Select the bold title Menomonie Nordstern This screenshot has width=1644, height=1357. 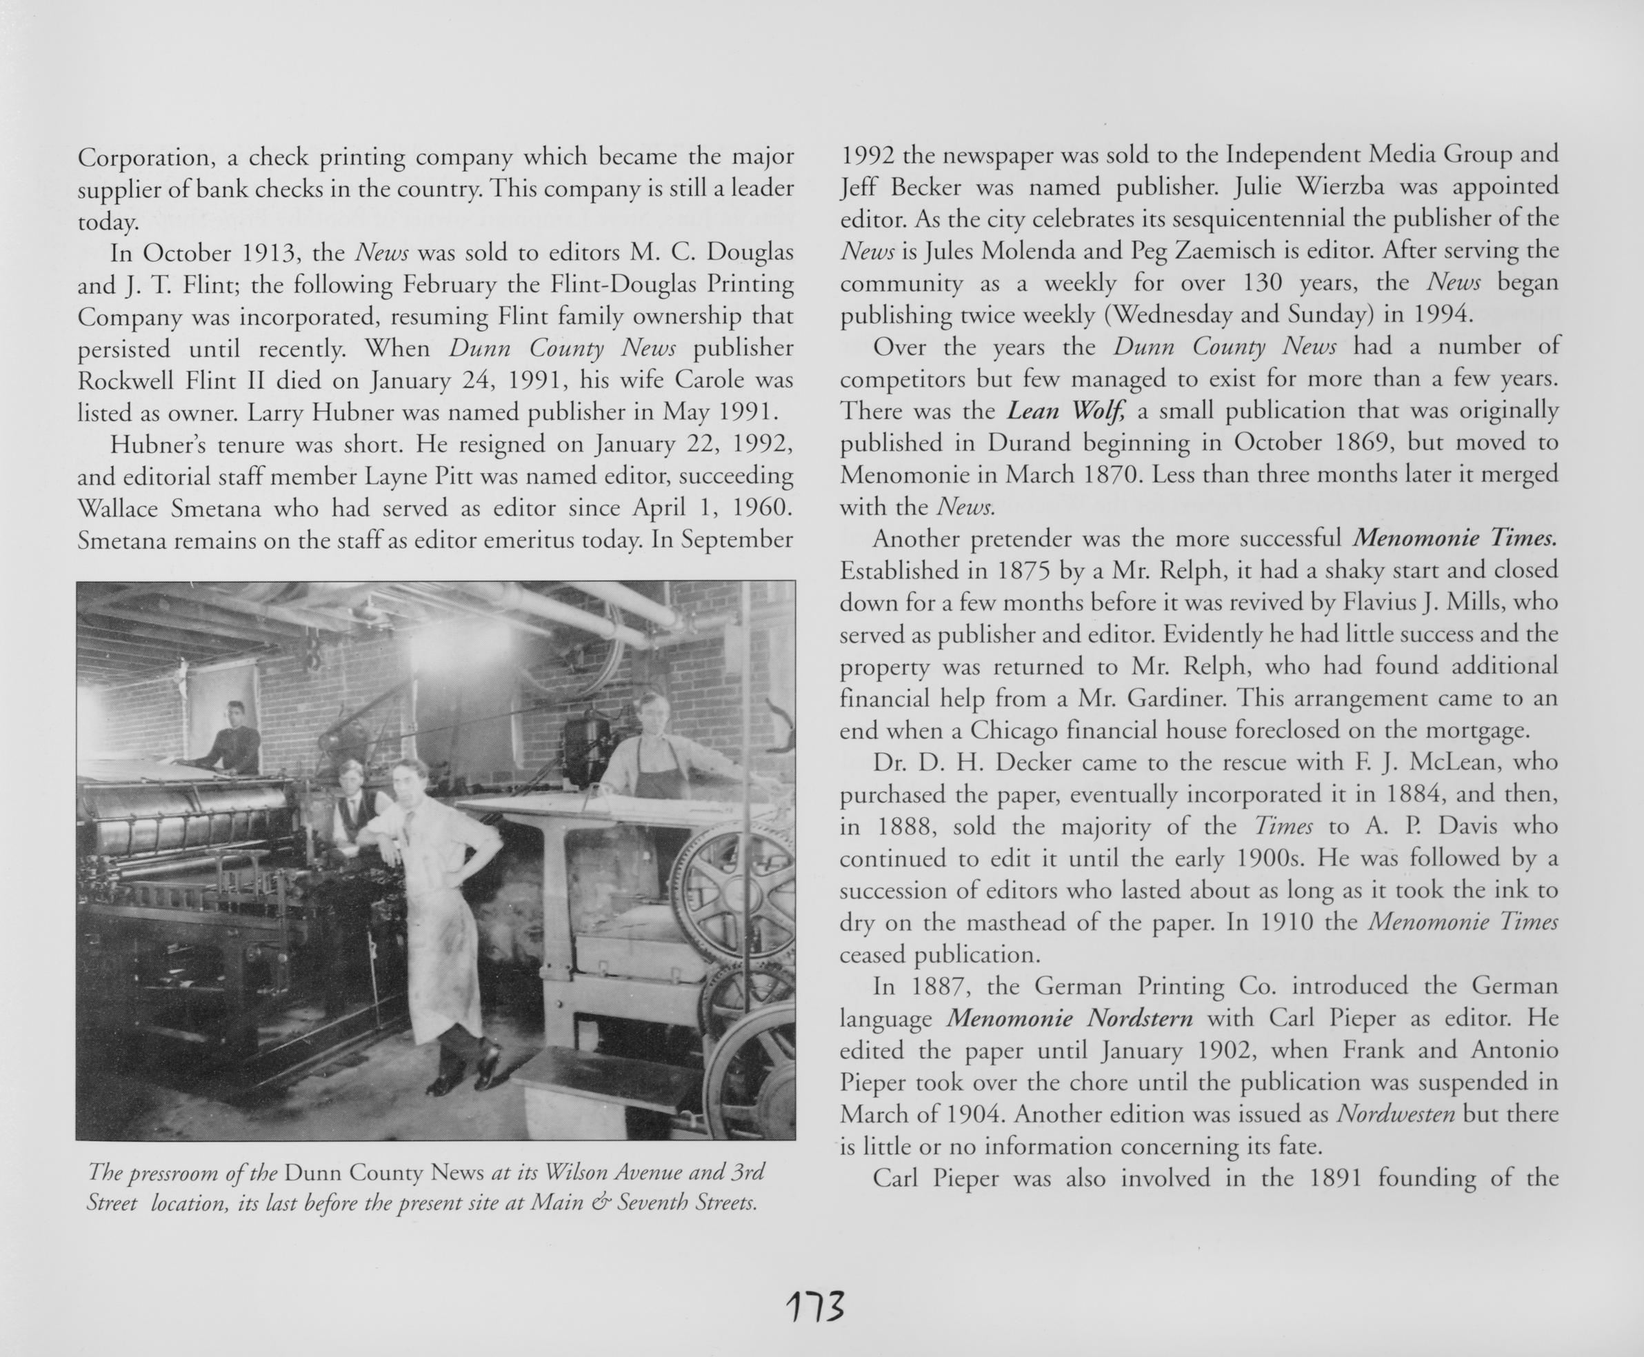1070,1019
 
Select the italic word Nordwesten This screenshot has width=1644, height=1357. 1396,1113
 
